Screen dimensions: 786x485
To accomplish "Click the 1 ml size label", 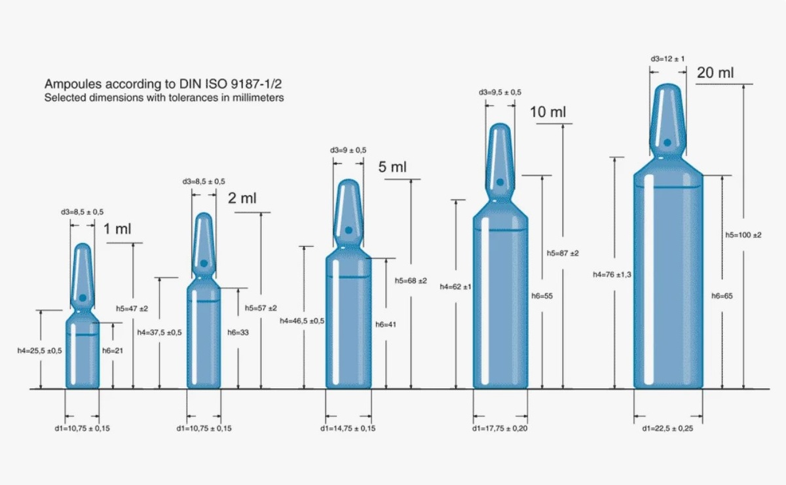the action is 117,229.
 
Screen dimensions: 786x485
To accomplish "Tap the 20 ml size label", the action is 715,73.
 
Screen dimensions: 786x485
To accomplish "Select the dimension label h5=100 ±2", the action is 743,235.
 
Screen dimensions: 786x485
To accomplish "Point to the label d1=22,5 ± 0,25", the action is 667,428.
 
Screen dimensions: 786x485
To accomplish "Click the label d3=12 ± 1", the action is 667,58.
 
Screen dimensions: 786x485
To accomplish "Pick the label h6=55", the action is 542,296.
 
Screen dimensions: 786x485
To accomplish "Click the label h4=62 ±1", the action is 455,287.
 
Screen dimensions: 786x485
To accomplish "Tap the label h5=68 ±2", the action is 411,281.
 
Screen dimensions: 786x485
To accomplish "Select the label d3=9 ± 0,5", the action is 348,150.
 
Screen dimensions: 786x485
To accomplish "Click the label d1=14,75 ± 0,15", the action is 348,428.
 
